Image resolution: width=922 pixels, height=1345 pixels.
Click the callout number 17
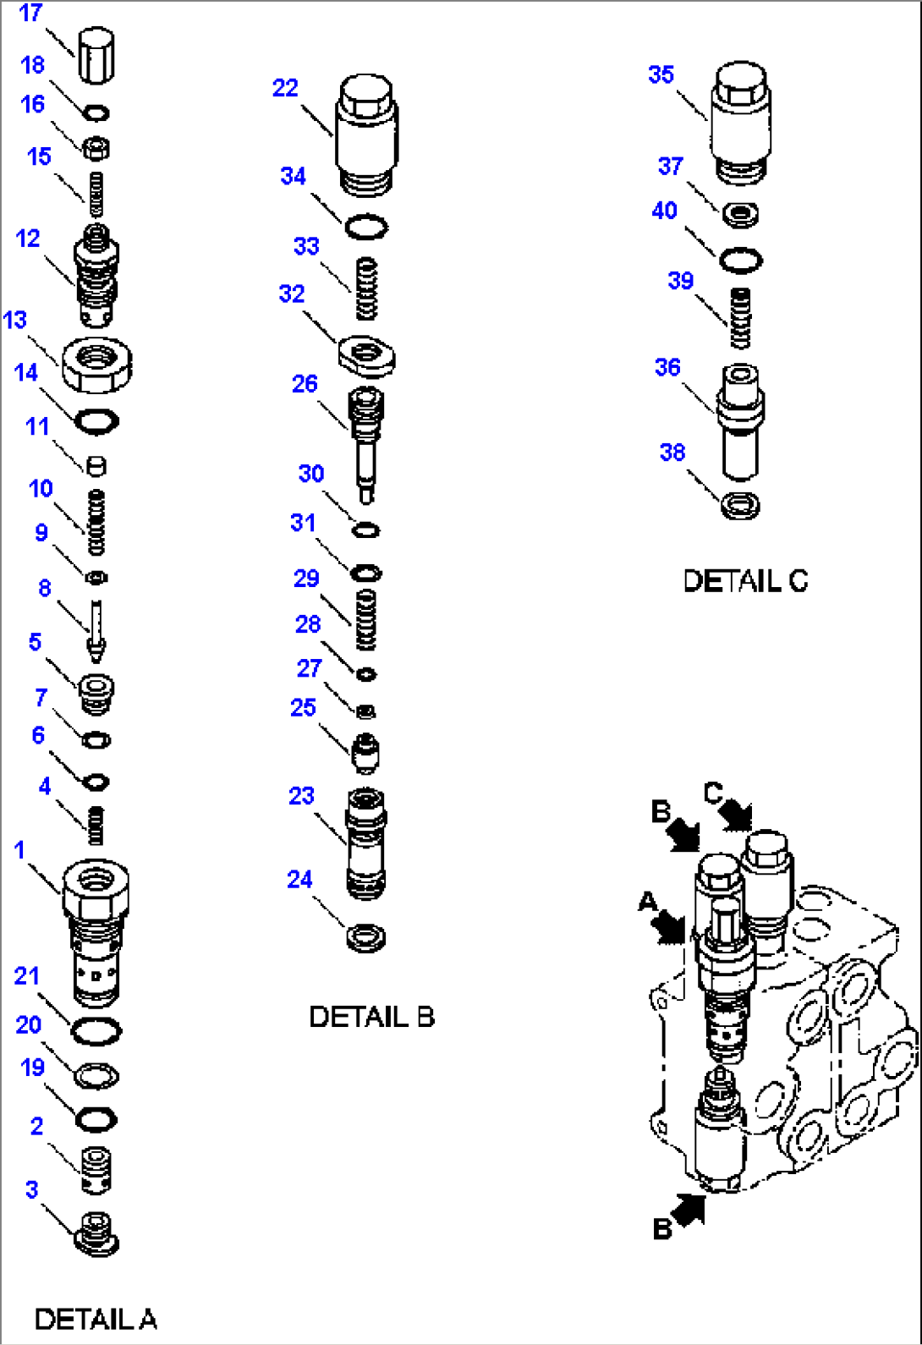30,14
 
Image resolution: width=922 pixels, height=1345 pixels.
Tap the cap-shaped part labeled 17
96,55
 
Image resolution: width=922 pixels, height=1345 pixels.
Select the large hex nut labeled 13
96,365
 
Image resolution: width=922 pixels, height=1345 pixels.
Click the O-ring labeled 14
96,420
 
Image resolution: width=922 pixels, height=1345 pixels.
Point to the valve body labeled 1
96,931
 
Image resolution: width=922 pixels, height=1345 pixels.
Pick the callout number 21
27,976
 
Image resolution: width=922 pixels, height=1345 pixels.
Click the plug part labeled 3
96,1232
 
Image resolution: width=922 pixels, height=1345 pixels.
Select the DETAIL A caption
95,1318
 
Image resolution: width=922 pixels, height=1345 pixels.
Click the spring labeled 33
366,288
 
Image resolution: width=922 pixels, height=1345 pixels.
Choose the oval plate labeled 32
366,355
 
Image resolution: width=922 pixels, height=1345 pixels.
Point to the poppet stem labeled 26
366,440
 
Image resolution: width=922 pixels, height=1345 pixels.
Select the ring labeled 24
366,937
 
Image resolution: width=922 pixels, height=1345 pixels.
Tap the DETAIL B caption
371,1016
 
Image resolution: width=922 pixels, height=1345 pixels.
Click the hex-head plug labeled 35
741,118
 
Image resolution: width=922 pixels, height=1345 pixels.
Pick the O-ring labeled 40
741,260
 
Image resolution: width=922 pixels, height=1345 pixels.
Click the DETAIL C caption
745,581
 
